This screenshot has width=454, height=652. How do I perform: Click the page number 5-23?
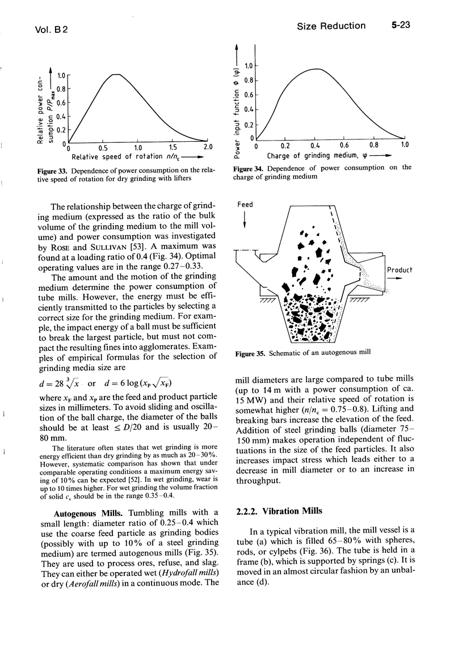click(x=400, y=26)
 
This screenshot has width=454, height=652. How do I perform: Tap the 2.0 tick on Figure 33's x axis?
click(x=207, y=149)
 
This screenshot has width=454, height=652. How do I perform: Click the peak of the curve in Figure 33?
click(x=116, y=74)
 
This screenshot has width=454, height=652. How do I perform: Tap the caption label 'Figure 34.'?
click(x=249, y=168)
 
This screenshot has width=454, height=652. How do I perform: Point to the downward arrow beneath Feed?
click(x=245, y=220)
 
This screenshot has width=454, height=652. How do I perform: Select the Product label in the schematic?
click(x=400, y=270)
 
